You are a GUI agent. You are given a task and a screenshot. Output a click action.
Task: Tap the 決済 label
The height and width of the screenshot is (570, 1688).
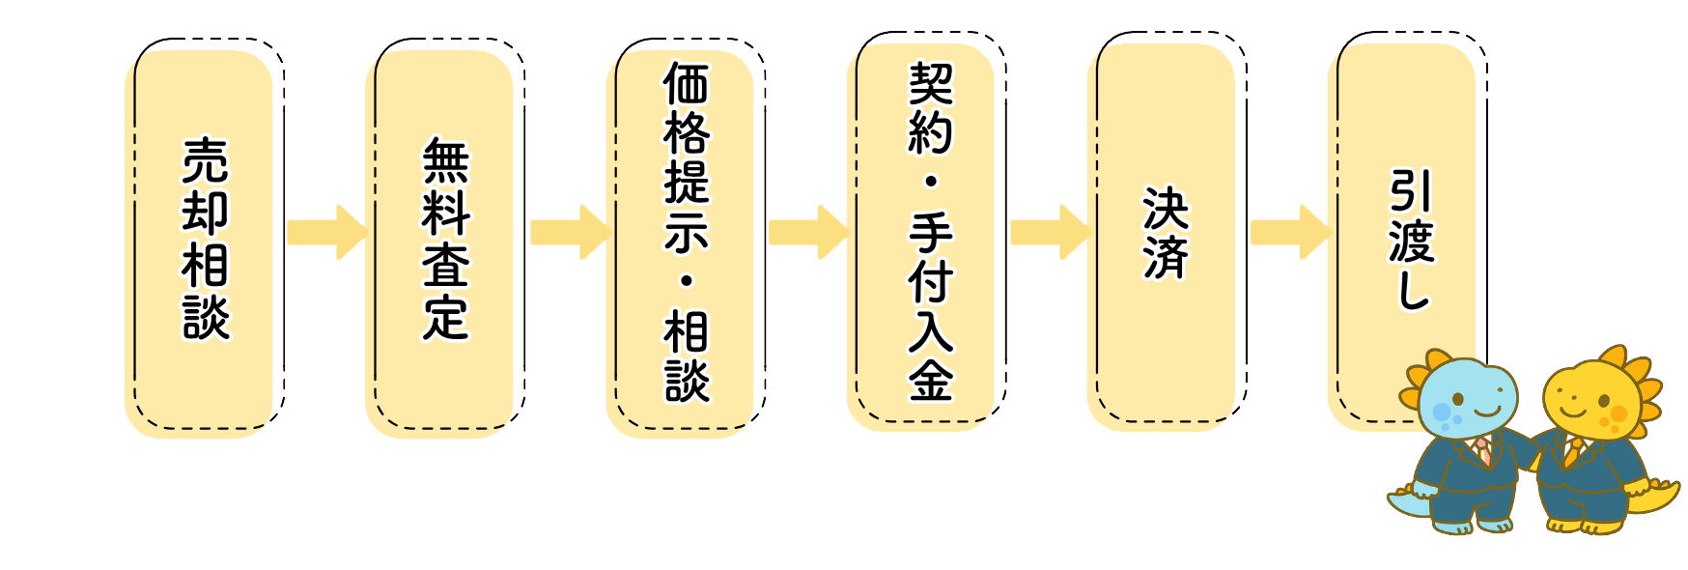[1166, 233]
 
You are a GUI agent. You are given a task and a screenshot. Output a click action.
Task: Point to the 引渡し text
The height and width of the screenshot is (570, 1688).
[1411, 240]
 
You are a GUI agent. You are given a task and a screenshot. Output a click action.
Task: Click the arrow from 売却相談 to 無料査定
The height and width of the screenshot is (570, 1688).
[327, 232]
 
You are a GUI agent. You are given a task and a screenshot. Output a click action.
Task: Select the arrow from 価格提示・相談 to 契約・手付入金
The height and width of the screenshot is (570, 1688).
[808, 232]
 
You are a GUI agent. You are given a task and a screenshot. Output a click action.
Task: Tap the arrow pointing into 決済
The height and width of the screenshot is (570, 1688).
[1050, 232]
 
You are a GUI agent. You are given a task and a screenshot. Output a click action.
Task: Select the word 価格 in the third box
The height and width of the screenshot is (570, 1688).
[687, 109]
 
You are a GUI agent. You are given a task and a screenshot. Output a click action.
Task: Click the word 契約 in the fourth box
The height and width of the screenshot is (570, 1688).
[930, 108]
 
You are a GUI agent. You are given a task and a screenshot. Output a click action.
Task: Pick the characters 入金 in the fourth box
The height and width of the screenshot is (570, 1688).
[930, 355]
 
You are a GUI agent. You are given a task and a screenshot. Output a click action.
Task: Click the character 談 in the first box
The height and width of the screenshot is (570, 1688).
[206, 317]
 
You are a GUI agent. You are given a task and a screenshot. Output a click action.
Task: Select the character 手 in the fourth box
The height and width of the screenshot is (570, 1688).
[930, 232]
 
